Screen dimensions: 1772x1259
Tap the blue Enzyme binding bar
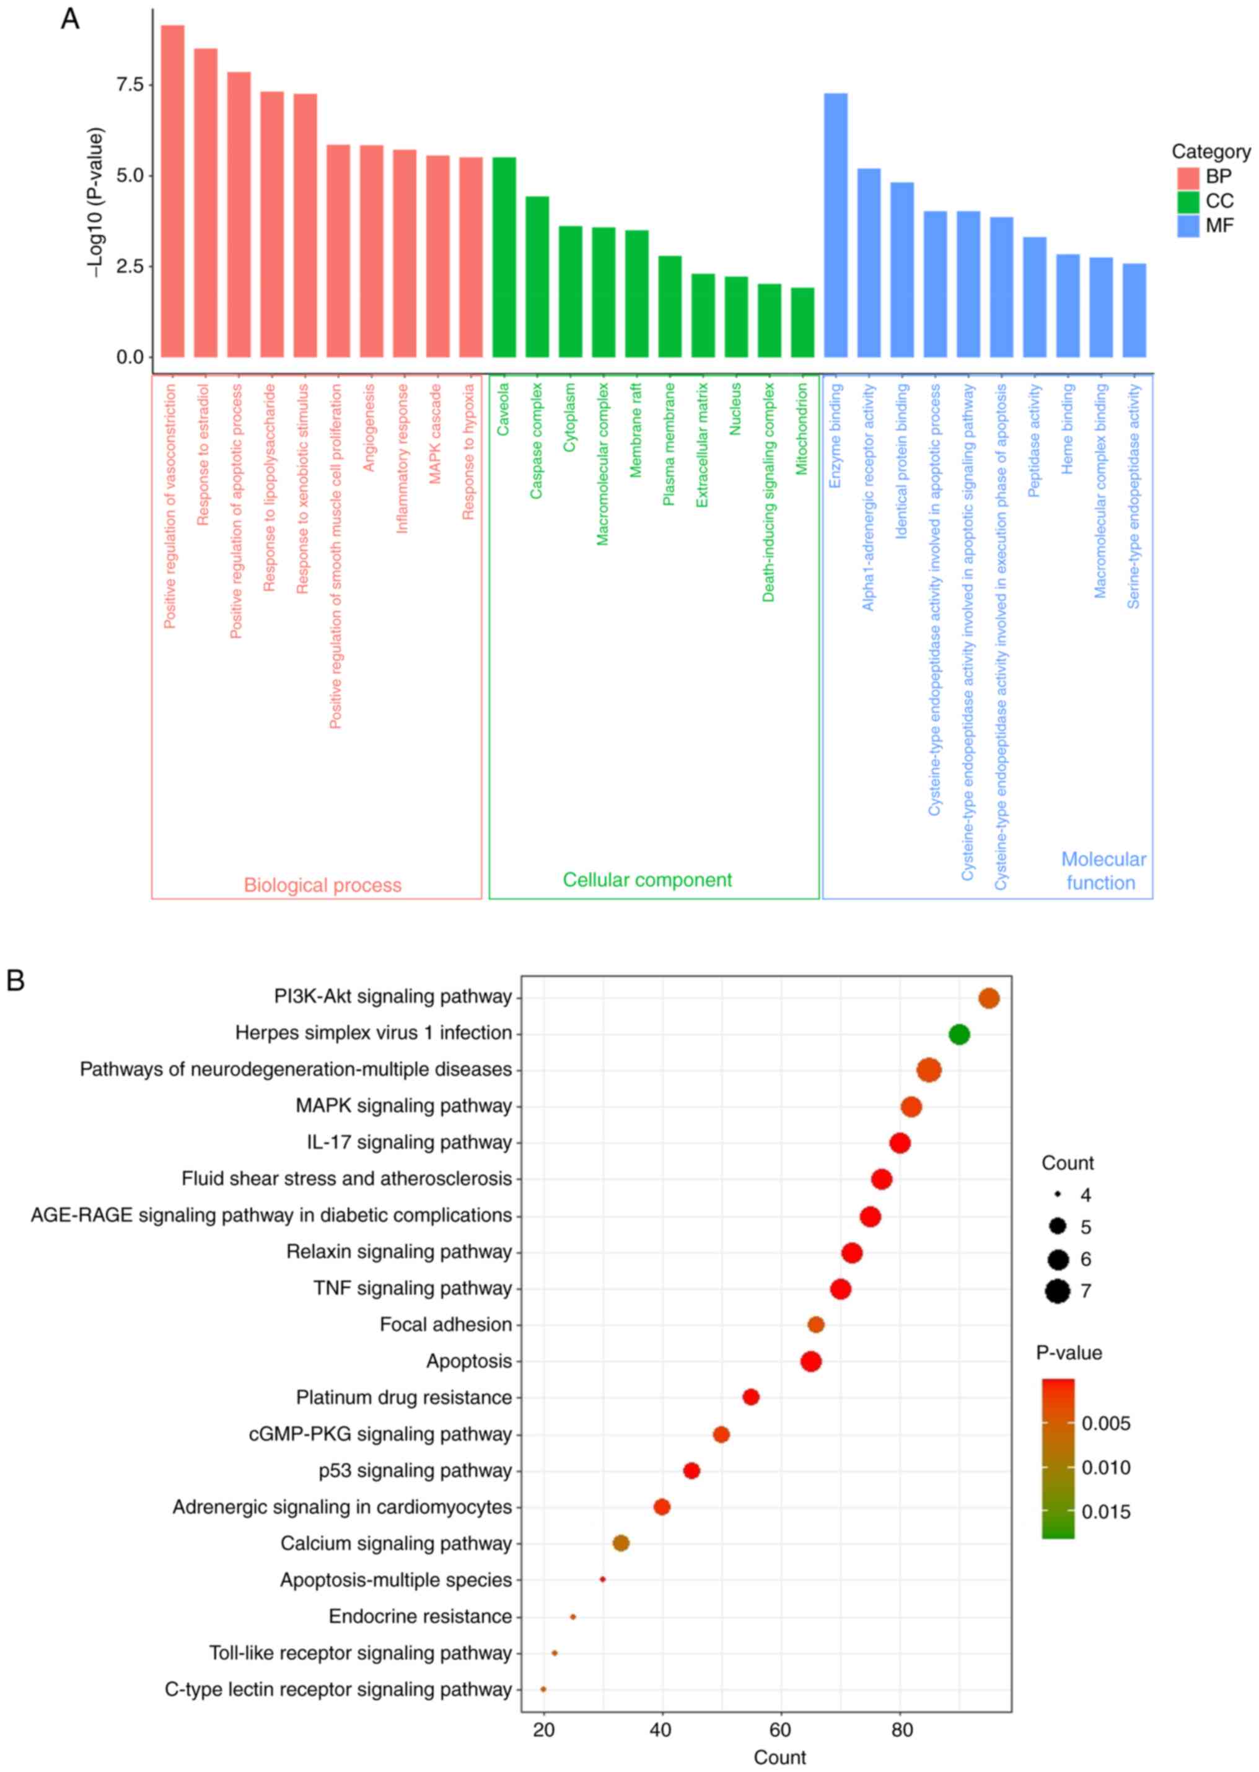(836, 225)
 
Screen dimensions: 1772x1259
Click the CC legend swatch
(1188, 201)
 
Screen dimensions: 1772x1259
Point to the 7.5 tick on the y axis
(129, 84)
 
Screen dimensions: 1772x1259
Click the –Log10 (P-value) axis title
(95, 203)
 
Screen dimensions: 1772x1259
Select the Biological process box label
(323, 885)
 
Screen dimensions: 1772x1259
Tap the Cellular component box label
(647, 880)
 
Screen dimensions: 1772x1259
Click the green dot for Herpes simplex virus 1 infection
(959, 1034)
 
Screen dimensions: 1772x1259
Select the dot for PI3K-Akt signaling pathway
(988, 998)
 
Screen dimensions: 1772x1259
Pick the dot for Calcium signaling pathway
(621, 1543)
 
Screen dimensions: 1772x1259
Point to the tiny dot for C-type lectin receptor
(543, 1689)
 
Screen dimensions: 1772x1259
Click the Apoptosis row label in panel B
(469, 1361)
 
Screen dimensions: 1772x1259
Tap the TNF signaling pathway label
(413, 1288)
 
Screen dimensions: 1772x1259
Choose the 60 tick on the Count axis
(781, 1730)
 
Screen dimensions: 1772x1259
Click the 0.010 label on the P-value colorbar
(1105, 1467)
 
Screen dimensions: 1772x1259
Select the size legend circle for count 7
(1058, 1291)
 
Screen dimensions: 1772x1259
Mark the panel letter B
(15, 981)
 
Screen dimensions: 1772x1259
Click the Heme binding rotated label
(1068, 429)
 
